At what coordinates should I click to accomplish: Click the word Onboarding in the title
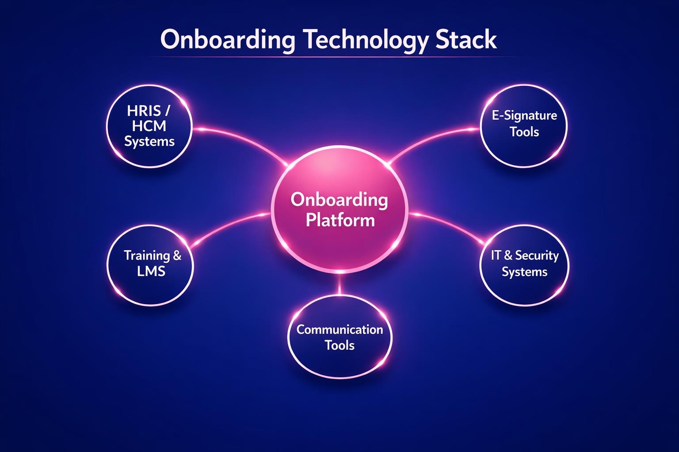tap(227, 40)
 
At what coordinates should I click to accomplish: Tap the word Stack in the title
tap(466, 40)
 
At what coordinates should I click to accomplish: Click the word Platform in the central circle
tap(340, 220)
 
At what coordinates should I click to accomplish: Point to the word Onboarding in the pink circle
tap(339, 200)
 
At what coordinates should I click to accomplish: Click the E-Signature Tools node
tap(524, 126)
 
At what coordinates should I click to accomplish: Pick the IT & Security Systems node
tap(524, 265)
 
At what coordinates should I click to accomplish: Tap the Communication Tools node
tap(339, 338)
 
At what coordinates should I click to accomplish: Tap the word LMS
tap(151, 271)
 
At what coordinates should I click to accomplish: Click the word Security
tap(537, 256)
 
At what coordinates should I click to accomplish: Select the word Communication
tap(339, 330)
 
